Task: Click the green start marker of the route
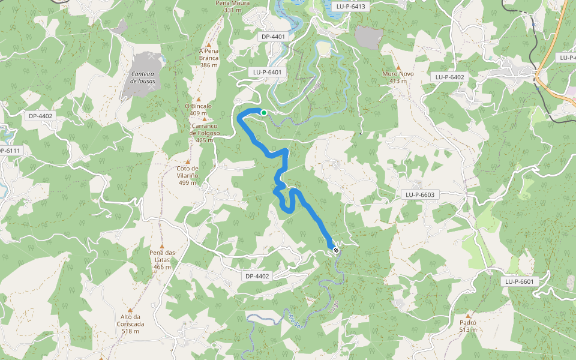pos(263,112)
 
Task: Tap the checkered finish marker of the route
pos(335,250)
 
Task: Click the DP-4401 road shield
pos(274,37)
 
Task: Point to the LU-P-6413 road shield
pos(351,6)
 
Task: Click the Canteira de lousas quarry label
pos(142,77)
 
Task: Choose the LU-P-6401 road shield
pos(266,72)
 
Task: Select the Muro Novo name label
pos(398,74)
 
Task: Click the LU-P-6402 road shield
pos(450,77)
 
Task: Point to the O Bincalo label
pos(198,106)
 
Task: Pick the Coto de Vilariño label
pos(187,172)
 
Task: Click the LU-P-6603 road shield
pos(419,194)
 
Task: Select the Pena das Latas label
pos(162,256)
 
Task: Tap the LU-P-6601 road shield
pos(519,281)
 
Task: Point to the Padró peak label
pos(468,319)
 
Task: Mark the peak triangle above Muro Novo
pos(398,67)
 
